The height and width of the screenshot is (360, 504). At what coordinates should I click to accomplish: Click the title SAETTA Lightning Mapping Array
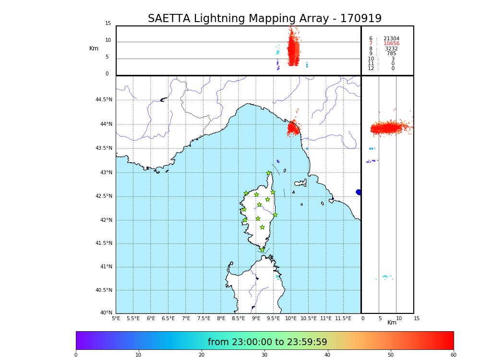264,19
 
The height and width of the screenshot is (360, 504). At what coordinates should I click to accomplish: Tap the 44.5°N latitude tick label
104,100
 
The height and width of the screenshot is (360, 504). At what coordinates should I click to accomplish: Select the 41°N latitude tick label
106,267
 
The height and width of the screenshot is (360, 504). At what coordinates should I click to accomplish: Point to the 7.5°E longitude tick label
204,318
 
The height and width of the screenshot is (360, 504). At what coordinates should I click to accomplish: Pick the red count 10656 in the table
391,44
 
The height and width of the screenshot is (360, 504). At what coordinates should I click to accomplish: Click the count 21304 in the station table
391,39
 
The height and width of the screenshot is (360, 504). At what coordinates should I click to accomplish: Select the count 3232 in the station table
391,49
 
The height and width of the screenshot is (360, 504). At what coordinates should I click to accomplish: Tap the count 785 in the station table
392,54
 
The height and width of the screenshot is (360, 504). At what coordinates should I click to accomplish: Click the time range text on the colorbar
267,342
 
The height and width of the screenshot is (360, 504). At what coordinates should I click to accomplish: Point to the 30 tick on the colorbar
264,355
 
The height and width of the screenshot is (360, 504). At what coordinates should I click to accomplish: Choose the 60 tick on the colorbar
453,355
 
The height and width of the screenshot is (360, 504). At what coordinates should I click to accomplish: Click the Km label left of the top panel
94,48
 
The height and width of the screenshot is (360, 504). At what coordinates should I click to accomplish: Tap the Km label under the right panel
392,323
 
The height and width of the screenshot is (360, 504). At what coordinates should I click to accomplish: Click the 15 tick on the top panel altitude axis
108,24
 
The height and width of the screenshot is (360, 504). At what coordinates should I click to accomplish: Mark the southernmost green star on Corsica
262,250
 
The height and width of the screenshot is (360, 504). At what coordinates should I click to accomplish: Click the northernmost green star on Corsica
269,173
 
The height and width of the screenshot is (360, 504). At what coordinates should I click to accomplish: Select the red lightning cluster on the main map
293,128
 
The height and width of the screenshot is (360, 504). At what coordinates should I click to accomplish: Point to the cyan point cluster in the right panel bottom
385,276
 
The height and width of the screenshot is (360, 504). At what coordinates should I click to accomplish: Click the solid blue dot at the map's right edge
359,192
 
